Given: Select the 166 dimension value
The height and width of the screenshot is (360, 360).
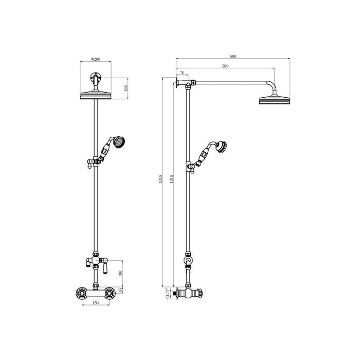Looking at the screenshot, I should [x=125, y=87].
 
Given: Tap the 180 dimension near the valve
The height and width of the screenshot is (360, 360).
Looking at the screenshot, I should [x=120, y=273].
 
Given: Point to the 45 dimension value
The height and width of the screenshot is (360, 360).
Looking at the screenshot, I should [x=120, y=291].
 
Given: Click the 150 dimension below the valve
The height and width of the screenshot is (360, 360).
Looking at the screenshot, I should [x=95, y=303].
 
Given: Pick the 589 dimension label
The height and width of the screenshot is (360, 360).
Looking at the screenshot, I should [x=225, y=66].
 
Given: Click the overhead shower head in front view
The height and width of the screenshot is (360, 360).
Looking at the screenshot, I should [x=96, y=95].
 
